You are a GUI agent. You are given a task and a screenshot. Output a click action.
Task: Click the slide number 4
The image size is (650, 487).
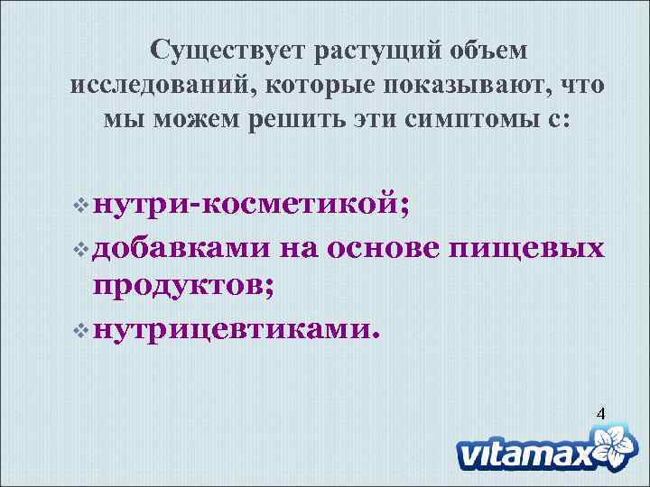[599, 414]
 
